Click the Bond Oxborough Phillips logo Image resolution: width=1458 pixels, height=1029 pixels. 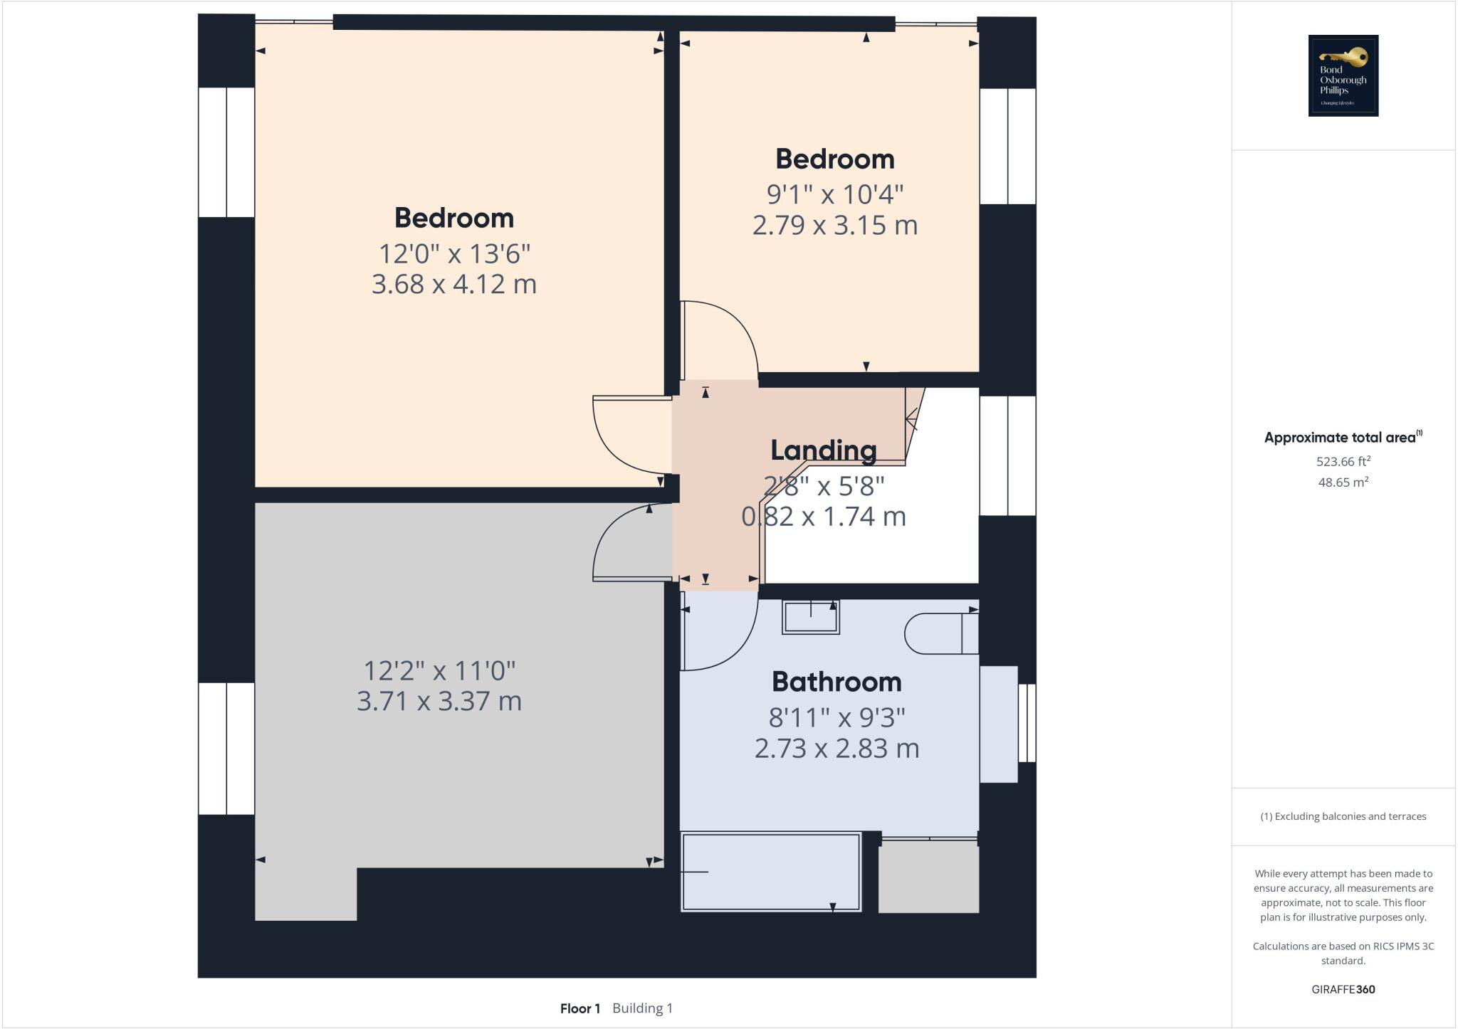coord(1343,75)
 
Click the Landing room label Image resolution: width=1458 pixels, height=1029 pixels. coord(823,450)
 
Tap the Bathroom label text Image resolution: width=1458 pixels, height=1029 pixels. coord(836,682)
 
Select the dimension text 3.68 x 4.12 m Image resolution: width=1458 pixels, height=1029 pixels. coord(453,284)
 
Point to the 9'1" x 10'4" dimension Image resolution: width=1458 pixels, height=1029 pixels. coord(834,194)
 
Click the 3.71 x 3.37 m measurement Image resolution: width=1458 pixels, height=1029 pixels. coord(439,701)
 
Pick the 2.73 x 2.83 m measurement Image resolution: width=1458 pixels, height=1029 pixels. coord(836,749)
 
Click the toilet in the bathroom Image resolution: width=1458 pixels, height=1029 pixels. coord(940,633)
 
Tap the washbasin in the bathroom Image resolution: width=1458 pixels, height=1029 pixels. coord(810,616)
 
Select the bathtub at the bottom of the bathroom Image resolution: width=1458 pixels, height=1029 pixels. coord(770,872)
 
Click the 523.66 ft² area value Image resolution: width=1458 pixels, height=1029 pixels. coord(1343,461)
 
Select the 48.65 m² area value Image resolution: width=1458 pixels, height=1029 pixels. coord(1343,482)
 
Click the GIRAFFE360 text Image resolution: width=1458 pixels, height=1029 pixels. coord(1343,989)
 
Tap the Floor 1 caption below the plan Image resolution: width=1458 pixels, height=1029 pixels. coord(579,1008)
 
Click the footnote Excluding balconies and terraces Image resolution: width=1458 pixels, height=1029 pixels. coord(1343,816)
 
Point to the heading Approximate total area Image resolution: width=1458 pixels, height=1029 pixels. coord(1340,438)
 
